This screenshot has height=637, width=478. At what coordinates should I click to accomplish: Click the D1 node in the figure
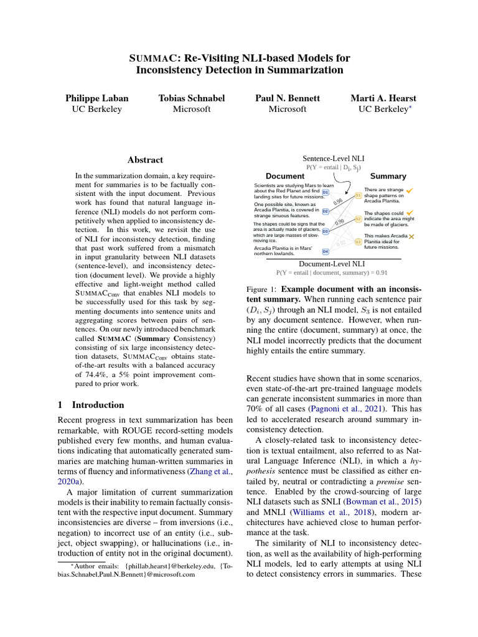(x=326, y=192)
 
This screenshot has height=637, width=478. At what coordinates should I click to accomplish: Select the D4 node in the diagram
(x=325, y=251)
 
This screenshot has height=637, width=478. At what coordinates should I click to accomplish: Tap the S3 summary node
(x=358, y=241)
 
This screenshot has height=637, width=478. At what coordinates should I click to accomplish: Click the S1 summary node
(x=358, y=196)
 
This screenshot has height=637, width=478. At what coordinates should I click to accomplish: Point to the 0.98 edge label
(x=338, y=201)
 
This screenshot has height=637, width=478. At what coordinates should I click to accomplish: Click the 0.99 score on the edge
(x=340, y=222)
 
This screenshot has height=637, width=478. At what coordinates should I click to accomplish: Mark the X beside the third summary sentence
(x=412, y=237)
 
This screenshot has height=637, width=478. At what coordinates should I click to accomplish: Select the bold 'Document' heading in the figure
(x=285, y=176)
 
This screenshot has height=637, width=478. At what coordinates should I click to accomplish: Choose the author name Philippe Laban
(x=97, y=98)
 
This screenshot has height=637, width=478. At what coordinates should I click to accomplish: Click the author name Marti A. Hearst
(x=383, y=98)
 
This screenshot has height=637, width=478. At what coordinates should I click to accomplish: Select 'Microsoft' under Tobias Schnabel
(x=192, y=109)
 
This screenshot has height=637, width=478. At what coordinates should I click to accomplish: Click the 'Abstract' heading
(x=144, y=160)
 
